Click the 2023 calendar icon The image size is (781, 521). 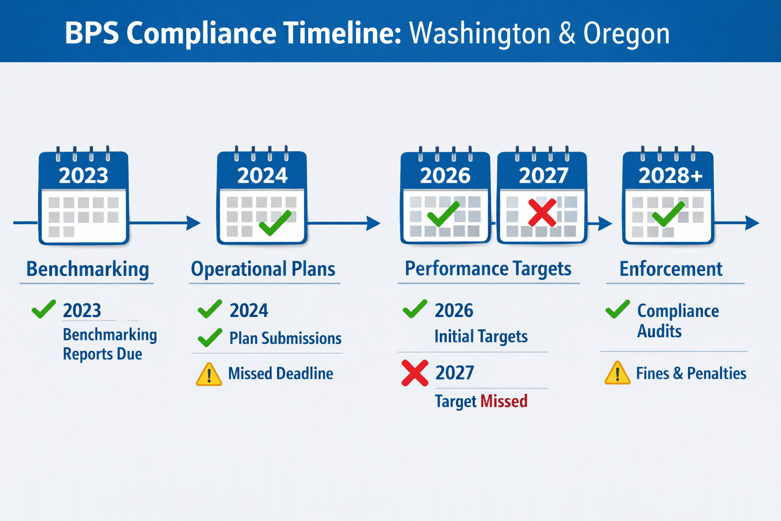(84, 195)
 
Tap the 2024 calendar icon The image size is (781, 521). (262, 195)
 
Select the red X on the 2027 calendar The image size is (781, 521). (542, 213)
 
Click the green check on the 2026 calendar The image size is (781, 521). (443, 214)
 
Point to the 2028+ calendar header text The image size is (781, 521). (670, 175)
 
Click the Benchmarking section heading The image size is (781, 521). (87, 269)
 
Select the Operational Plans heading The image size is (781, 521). (263, 269)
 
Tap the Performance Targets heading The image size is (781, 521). (488, 269)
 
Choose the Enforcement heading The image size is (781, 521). (671, 269)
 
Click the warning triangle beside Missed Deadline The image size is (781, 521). (209, 374)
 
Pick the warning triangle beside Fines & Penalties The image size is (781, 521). (617, 373)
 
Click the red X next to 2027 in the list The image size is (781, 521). (414, 373)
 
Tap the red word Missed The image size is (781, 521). (504, 401)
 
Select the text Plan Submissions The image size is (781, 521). (285, 338)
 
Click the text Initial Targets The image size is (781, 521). (481, 336)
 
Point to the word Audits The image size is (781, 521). (659, 331)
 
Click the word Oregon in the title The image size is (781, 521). (626, 34)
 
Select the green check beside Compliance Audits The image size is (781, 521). (617, 309)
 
